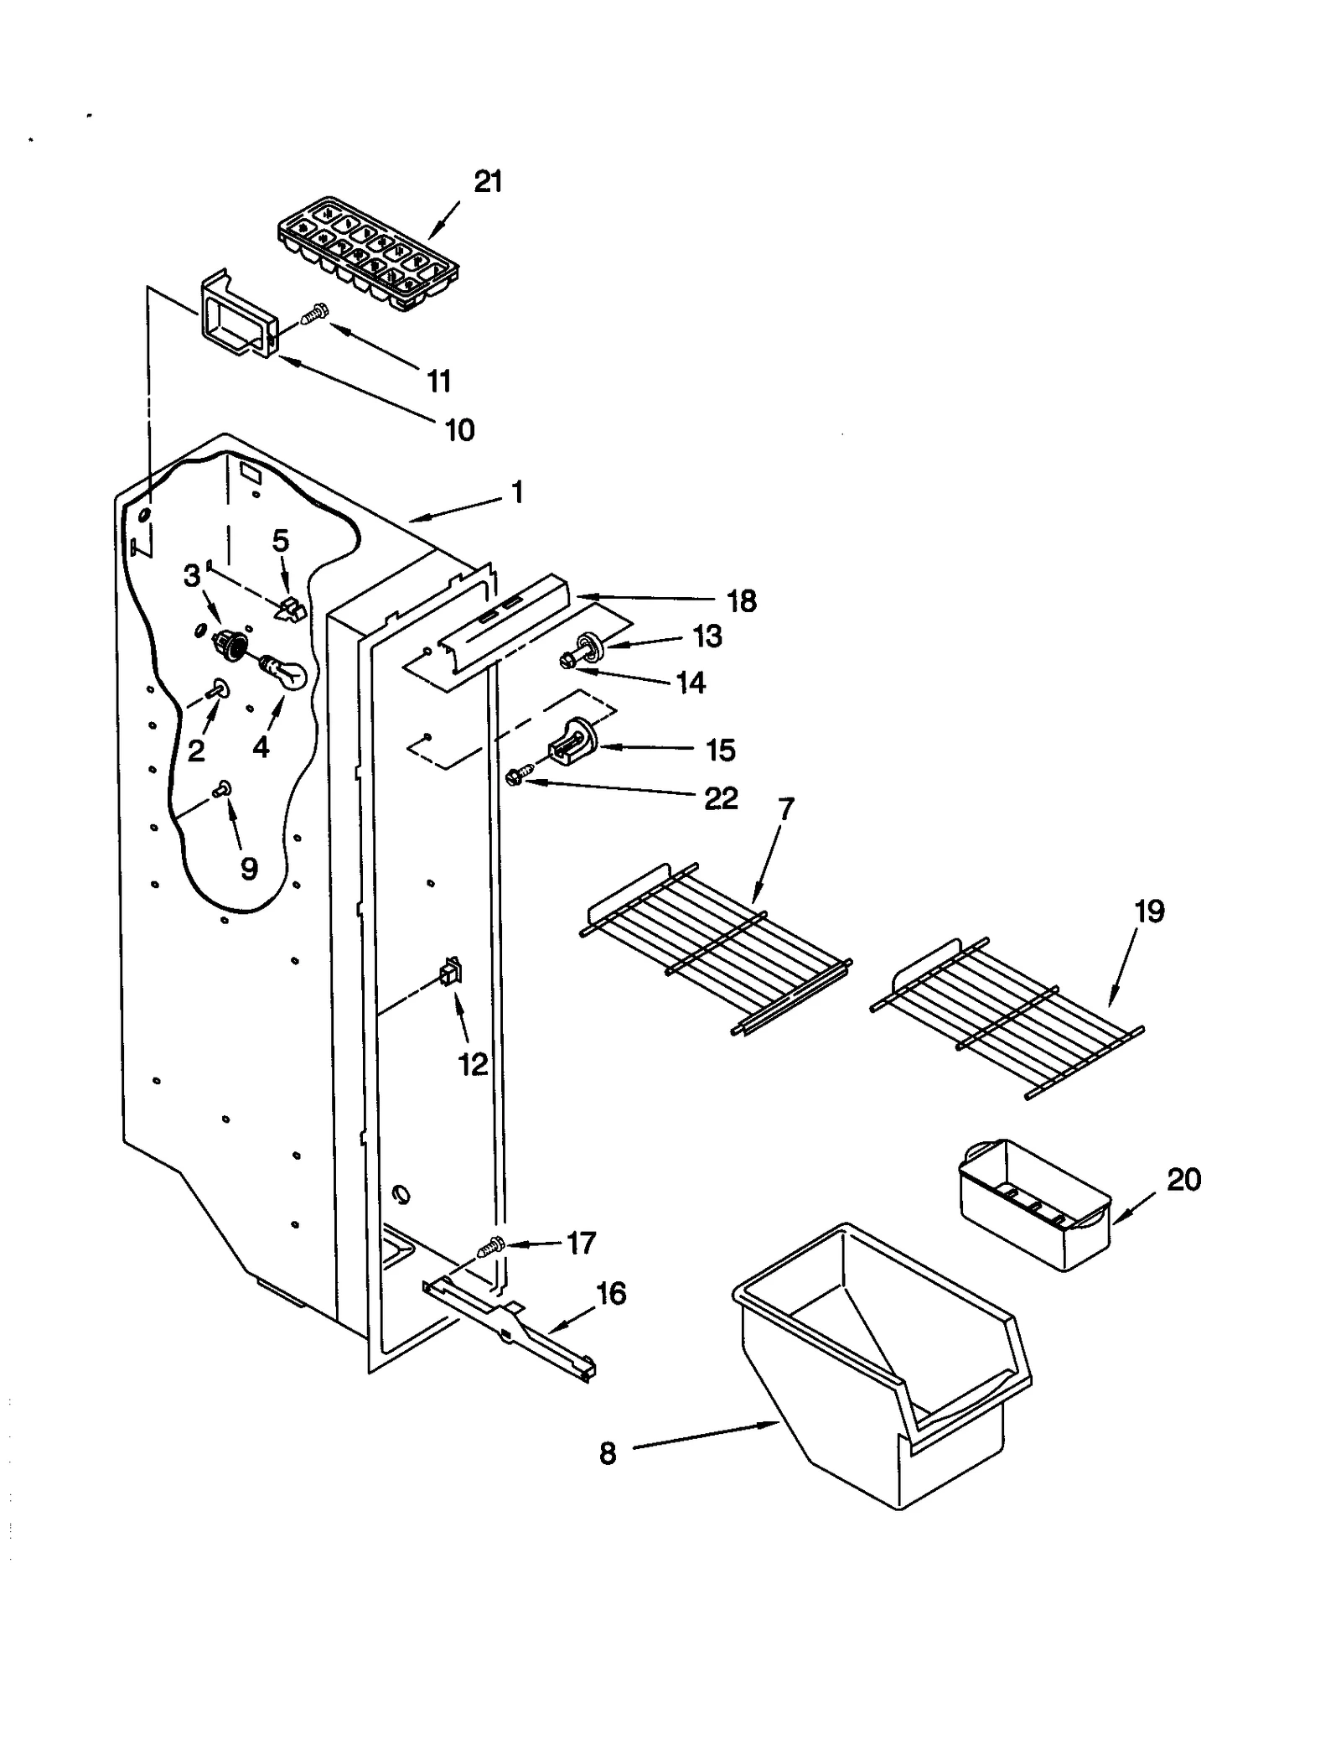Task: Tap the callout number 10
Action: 459,430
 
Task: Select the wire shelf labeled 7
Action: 717,948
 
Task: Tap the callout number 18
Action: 742,601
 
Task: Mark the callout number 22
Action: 721,798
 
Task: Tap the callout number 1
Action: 517,492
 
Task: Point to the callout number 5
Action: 281,541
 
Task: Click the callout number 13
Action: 708,636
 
